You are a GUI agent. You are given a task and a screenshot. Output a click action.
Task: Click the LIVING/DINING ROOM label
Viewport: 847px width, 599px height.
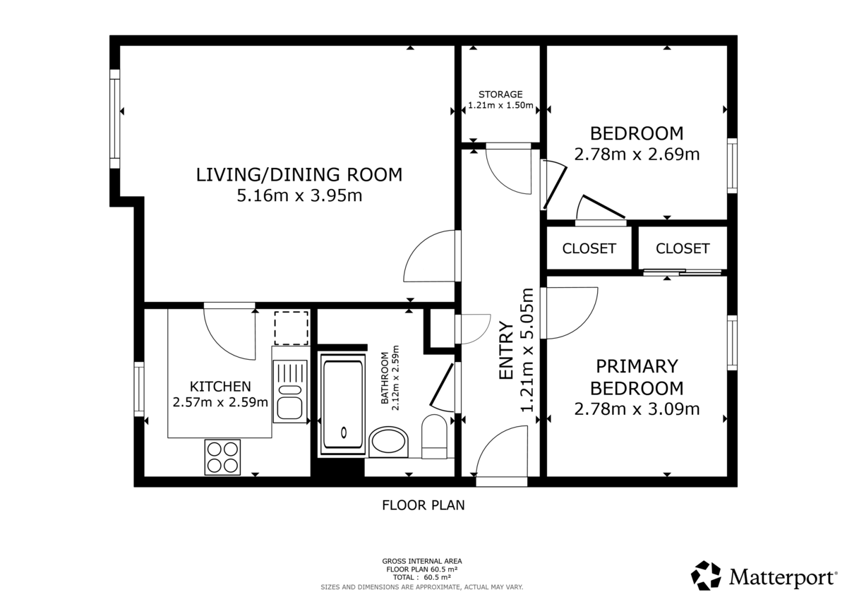point(299,174)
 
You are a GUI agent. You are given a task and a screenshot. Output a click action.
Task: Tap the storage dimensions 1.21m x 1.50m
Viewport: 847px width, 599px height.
point(500,107)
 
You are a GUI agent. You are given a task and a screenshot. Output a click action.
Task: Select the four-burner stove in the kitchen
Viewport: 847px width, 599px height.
point(222,456)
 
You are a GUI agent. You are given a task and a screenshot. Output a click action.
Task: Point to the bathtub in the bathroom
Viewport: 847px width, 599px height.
point(344,405)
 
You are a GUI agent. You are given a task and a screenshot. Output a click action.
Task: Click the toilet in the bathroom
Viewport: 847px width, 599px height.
point(434,432)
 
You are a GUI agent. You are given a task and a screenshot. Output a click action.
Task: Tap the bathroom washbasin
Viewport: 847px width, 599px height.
point(388,442)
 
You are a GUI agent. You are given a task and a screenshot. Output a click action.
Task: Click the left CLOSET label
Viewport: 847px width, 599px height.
point(589,248)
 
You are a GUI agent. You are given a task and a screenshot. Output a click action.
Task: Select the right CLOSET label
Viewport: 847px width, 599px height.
point(683,248)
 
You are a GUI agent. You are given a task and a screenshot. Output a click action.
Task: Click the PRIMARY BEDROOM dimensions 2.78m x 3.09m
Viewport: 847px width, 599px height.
point(637,409)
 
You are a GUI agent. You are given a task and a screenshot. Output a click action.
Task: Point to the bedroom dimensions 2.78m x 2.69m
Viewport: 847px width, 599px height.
point(637,154)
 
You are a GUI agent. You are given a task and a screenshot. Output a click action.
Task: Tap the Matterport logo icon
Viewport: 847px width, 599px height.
point(706,575)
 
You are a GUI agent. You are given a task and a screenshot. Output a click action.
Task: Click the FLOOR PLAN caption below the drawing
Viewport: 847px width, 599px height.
point(423,505)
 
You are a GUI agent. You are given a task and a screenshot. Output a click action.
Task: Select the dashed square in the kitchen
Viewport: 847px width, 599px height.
point(291,327)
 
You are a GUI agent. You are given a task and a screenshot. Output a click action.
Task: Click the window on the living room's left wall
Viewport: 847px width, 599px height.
point(114,119)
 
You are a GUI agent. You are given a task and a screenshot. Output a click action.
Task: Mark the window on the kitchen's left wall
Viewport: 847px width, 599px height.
point(139,390)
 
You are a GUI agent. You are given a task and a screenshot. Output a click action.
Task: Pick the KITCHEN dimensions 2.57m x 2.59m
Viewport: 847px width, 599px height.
point(220,402)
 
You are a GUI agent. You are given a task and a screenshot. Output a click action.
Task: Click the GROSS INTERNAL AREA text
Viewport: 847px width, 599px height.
point(422,562)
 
